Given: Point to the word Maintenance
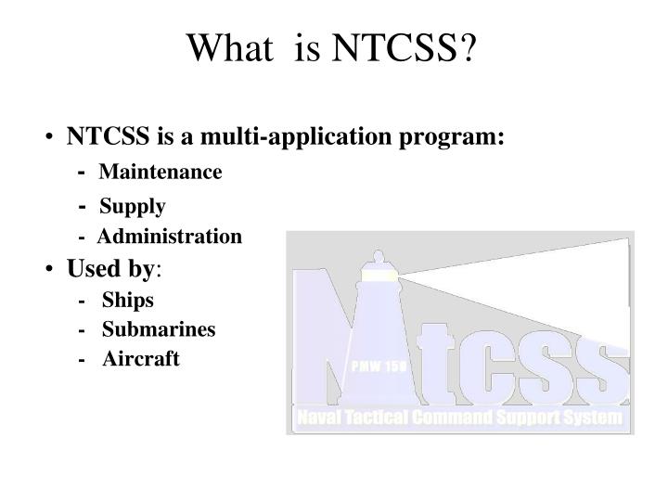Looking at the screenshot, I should point(161,173).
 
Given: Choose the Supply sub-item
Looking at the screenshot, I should point(133,206).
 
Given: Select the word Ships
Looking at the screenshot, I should point(128,300).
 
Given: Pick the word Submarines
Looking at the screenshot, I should point(159,329).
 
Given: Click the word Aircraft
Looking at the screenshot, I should point(141,359).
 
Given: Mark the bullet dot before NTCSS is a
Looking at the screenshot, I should point(47,139).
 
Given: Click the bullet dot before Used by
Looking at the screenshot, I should point(47,270).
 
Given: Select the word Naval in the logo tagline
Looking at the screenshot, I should point(321,418).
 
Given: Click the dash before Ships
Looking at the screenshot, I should point(84,300).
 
